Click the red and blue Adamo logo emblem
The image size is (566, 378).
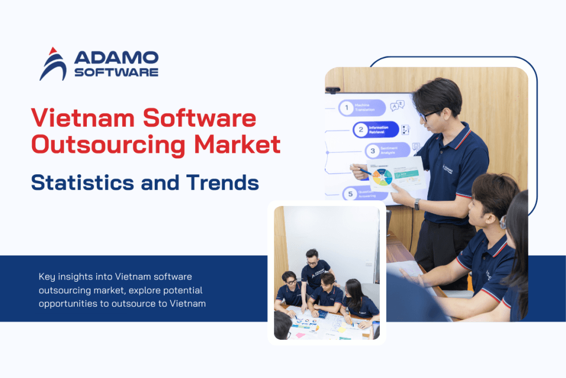[53, 64]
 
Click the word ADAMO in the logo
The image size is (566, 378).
[116, 57]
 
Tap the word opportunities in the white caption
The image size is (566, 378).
[64, 303]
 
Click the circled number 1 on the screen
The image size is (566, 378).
[346, 108]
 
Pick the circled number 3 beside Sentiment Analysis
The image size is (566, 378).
[373, 151]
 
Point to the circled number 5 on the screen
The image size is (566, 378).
[349, 194]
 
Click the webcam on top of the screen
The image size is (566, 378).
[333, 90]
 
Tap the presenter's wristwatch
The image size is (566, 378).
[417, 204]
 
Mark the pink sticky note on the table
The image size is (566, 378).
[300, 335]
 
